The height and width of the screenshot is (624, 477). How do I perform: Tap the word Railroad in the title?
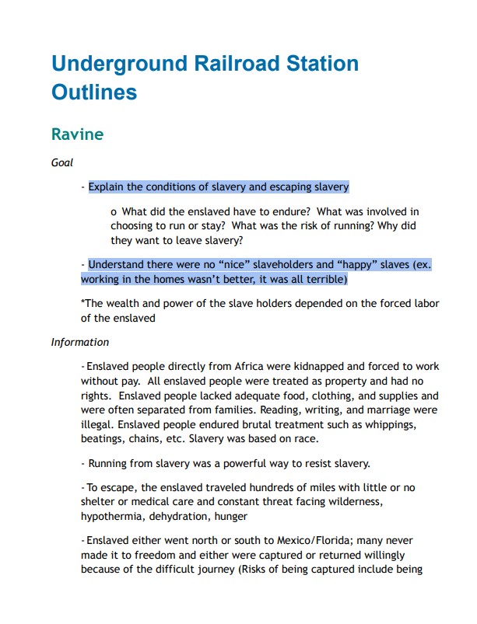(x=233, y=63)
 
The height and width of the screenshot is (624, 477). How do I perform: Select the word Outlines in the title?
(x=94, y=92)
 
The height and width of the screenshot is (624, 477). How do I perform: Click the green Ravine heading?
(x=77, y=134)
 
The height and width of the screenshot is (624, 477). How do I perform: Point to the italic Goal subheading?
(x=61, y=162)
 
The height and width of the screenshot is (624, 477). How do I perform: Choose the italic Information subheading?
(x=80, y=342)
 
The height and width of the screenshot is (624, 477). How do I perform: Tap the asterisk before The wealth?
(x=82, y=303)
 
